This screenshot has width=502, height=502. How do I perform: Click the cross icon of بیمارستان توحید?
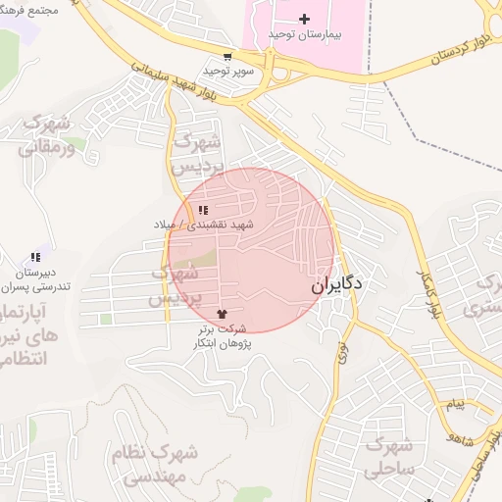(x=304, y=19)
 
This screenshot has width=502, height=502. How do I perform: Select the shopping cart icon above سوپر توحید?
(x=227, y=58)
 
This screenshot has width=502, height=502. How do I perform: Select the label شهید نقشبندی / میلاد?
(x=203, y=225)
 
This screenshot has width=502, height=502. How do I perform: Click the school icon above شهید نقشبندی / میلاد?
(x=203, y=210)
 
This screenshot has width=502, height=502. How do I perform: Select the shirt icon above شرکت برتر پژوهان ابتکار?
(x=231, y=313)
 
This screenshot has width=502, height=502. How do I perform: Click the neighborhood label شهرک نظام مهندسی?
(x=161, y=466)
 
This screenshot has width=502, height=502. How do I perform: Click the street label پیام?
(x=454, y=404)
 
